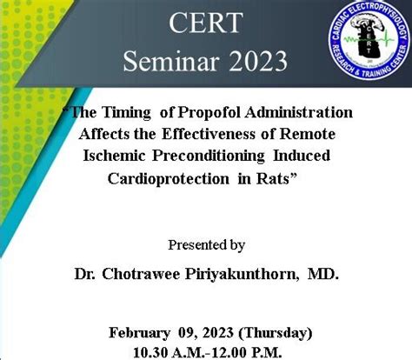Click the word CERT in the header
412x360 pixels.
pyautogui.click(x=206, y=23)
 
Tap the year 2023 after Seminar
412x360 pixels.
pyautogui.click(x=259, y=62)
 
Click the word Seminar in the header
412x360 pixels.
pyautogui.click(x=171, y=62)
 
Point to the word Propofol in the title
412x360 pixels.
pyautogui.click(x=209, y=113)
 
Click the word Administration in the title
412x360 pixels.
pyautogui.click(x=299, y=112)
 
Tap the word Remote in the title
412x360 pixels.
pyautogui.click(x=308, y=134)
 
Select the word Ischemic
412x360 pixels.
pyautogui.click(x=114, y=156)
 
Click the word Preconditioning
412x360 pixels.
pyautogui.click(x=209, y=157)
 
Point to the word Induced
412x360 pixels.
pyautogui.click(x=302, y=156)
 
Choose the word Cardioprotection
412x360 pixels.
pyautogui.click(x=169, y=179)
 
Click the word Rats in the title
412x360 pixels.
pyautogui.click(x=273, y=178)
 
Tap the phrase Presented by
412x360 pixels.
pyautogui.click(x=207, y=246)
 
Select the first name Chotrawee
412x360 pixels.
pyautogui.click(x=141, y=274)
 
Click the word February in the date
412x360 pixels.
pyautogui.click(x=139, y=333)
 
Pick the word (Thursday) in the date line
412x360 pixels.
pyautogui.click(x=276, y=333)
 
